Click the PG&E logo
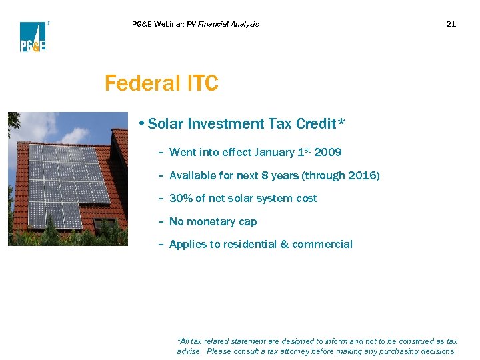pos(32,37)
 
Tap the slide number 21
pos(451,24)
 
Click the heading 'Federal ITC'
pos(161,84)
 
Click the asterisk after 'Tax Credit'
pos(341,123)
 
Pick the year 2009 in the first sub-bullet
pos(327,153)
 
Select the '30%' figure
pos(181,199)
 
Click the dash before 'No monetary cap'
pos(161,222)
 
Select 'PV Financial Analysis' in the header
pos(223,24)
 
